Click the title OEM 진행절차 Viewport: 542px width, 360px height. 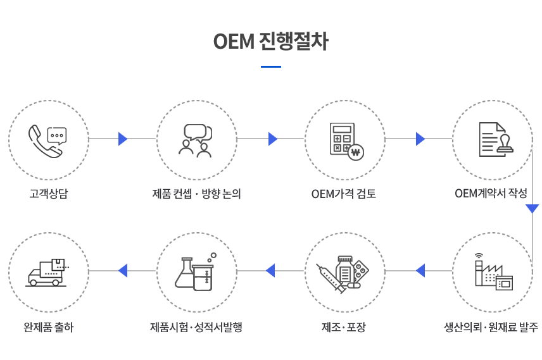[x=270, y=42]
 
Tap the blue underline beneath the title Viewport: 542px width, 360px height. [x=270, y=66]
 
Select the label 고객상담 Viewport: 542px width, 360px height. [x=48, y=194]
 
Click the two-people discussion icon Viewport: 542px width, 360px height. [x=196, y=140]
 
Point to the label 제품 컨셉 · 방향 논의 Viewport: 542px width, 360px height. [x=196, y=194]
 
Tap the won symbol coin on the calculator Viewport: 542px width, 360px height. [x=356, y=152]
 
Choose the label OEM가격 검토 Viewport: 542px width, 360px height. [x=344, y=194]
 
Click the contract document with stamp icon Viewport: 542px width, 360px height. [x=496, y=140]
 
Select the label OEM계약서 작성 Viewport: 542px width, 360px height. [x=491, y=193]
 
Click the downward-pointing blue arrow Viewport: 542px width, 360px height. [x=533, y=208]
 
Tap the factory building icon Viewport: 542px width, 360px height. [x=494, y=271]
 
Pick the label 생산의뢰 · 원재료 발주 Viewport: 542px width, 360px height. [x=491, y=327]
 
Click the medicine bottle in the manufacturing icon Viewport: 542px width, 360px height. [x=344, y=270]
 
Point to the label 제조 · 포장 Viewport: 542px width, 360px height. [x=344, y=327]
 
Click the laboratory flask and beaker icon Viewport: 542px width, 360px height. [x=196, y=272]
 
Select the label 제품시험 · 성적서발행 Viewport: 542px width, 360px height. [x=196, y=327]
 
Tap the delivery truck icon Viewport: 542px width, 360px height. [x=47, y=272]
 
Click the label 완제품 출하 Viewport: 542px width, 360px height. [x=48, y=327]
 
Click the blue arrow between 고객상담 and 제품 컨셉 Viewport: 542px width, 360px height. [x=123, y=139]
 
